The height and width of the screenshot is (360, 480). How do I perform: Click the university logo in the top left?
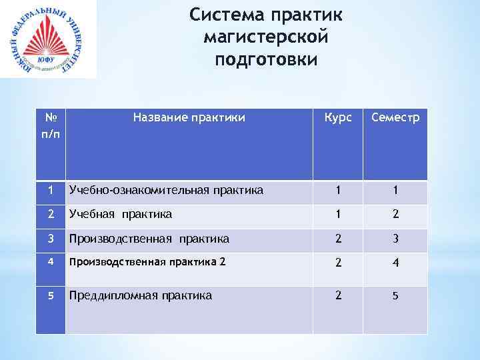(x=47, y=40)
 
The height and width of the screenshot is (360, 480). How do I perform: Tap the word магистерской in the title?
(x=265, y=37)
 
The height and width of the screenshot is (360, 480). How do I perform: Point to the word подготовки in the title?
(x=266, y=59)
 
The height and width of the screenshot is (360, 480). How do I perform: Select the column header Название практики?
(x=189, y=118)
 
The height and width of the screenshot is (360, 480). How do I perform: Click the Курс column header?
(x=338, y=118)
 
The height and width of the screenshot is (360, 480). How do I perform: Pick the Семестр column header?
(x=396, y=118)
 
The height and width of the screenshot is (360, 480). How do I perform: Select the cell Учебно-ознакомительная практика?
(x=166, y=191)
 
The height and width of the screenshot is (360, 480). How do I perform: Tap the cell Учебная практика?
(x=121, y=215)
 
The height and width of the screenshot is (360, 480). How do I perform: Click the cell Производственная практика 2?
(x=147, y=262)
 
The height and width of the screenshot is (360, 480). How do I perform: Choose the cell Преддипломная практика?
(x=141, y=295)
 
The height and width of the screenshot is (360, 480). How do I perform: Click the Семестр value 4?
(x=396, y=263)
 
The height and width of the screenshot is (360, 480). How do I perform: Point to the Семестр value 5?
(x=396, y=295)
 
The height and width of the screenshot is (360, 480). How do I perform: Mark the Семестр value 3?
(x=396, y=239)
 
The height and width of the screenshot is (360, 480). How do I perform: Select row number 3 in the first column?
(x=50, y=238)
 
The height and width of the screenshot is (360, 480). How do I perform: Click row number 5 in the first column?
(x=50, y=295)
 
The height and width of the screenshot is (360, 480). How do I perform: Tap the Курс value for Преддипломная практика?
(x=338, y=295)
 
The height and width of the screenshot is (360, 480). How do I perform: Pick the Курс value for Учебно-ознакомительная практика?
(x=338, y=191)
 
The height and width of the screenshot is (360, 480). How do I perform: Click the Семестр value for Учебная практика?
(x=396, y=215)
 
